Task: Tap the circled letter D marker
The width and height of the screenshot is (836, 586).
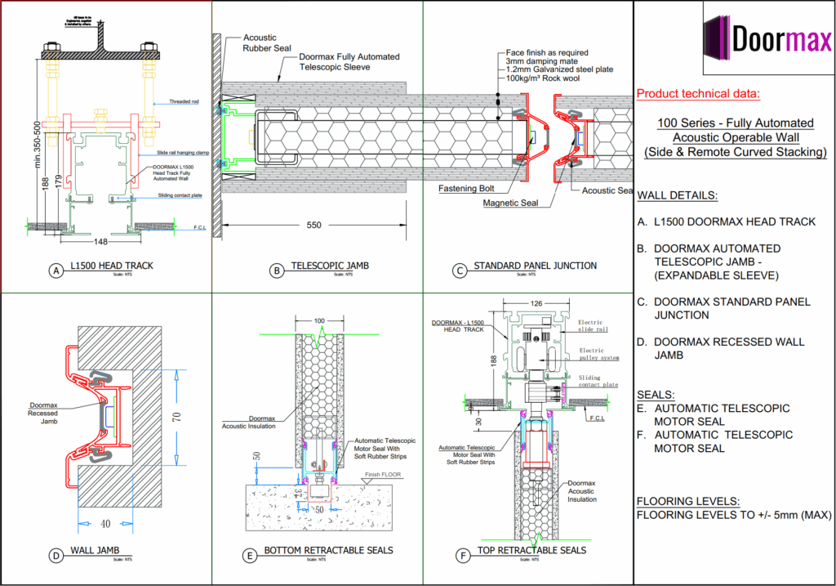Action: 56,556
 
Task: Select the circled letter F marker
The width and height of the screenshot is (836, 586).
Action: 465,556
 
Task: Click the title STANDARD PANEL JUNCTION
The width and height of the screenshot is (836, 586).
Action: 535,266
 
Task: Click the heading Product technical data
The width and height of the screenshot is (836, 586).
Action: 698,94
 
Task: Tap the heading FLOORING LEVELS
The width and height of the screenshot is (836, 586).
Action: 687,501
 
